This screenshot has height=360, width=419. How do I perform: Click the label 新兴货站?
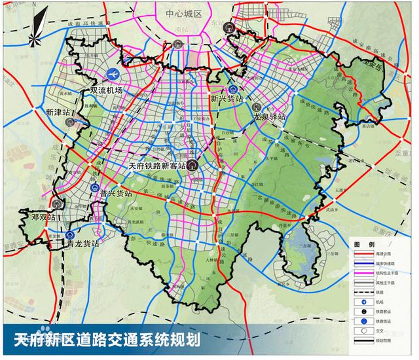227,99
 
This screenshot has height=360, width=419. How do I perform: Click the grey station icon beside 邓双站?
57,203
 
